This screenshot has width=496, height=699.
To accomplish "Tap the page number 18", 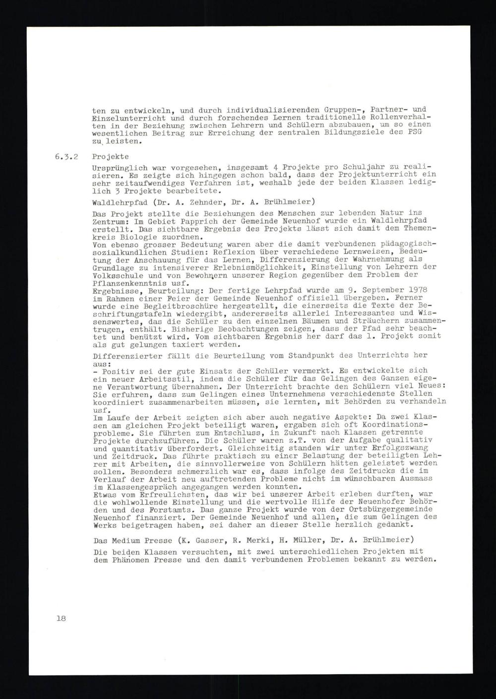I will pos(61,618).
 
